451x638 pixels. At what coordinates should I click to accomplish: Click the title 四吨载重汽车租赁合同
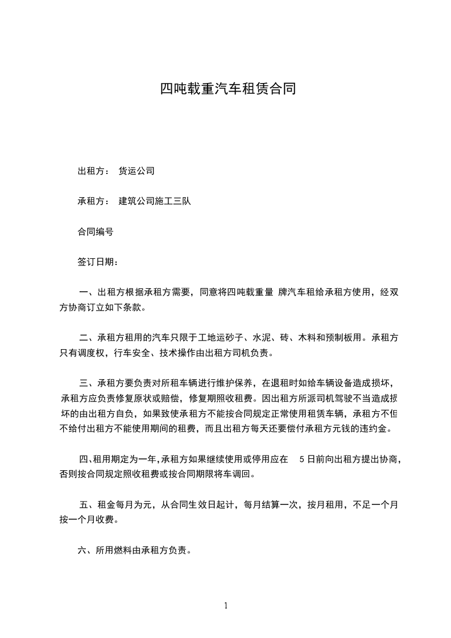pos(228,89)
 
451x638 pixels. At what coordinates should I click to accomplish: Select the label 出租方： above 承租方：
pos(93,171)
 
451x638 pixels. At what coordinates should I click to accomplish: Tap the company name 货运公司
pos(136,171)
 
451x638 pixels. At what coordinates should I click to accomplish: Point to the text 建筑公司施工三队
pos(154,201)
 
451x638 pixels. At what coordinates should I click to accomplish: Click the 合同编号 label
pos(96,232)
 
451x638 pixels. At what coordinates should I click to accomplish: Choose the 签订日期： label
pos(98,263)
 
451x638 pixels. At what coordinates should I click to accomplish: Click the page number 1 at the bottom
pos(226,606)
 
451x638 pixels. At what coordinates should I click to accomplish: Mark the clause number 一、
pos(87,293)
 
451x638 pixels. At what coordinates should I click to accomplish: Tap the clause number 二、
pos(87,337)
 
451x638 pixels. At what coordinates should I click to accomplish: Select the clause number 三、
pos(87,382)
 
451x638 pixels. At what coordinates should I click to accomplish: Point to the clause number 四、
pos(85,459)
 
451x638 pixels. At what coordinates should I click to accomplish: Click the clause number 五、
pos(87,504)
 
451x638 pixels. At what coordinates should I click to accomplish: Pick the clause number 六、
pos(85,550)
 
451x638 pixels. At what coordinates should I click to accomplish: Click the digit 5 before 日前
pos(301,459)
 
